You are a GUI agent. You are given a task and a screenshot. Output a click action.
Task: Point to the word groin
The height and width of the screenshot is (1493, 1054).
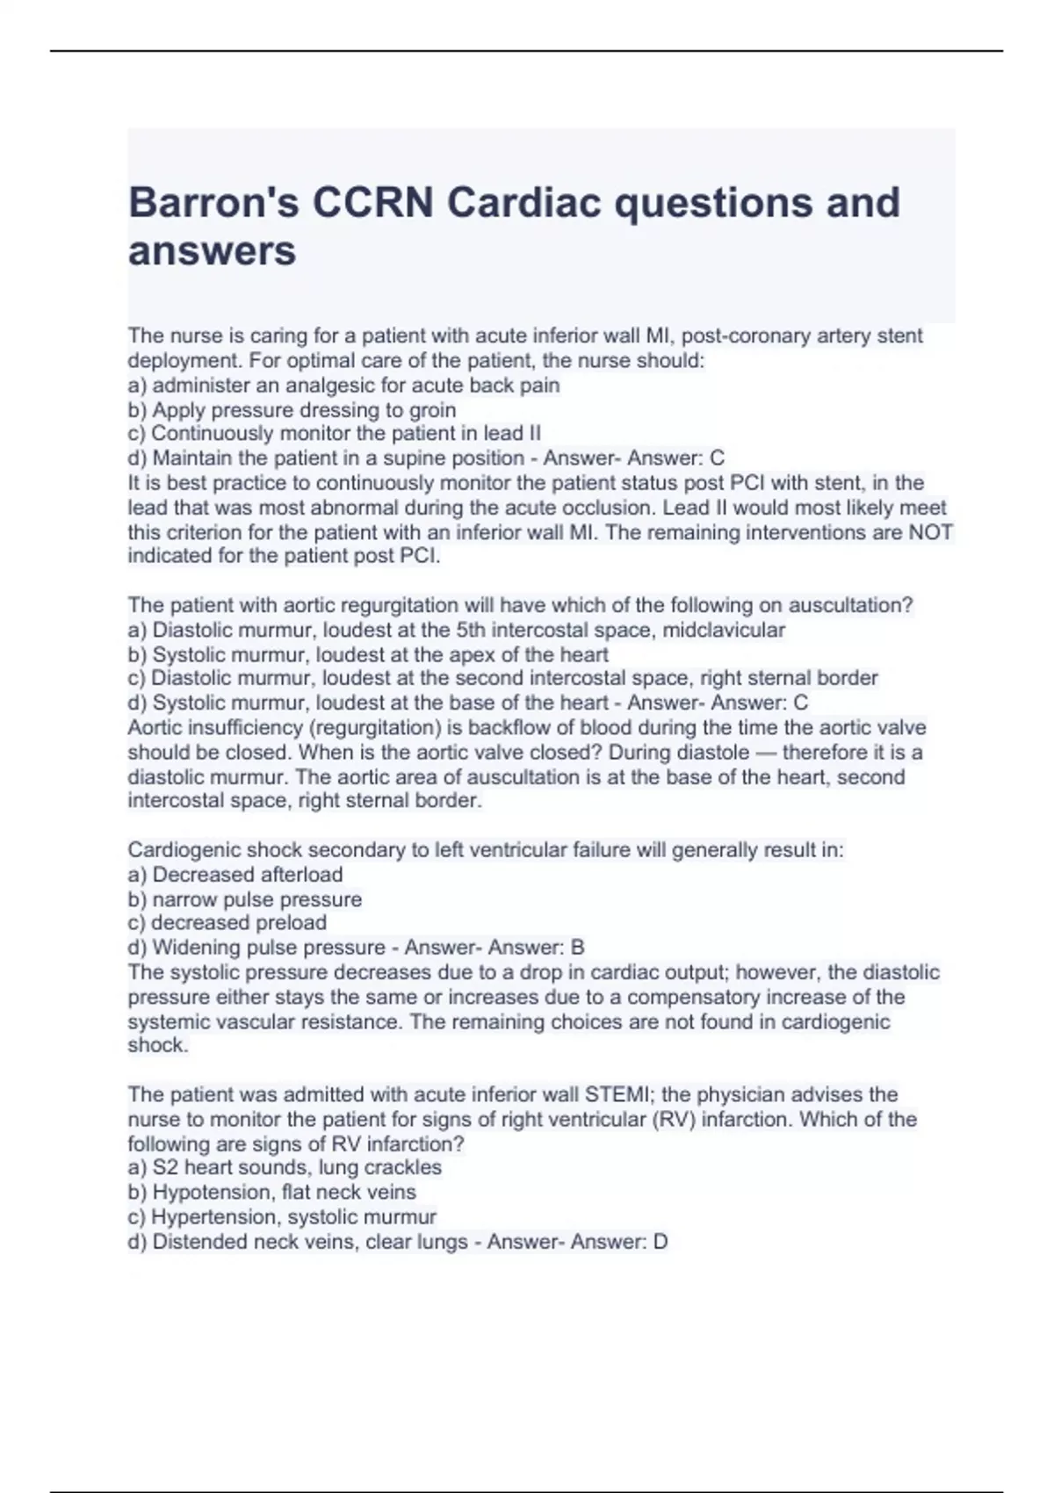(x=430, y=410)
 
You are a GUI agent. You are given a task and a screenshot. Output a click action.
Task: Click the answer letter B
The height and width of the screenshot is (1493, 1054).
(x=577, y=948)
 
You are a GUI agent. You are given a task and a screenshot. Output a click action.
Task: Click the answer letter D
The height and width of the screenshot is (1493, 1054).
(x=661, y=1242)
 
